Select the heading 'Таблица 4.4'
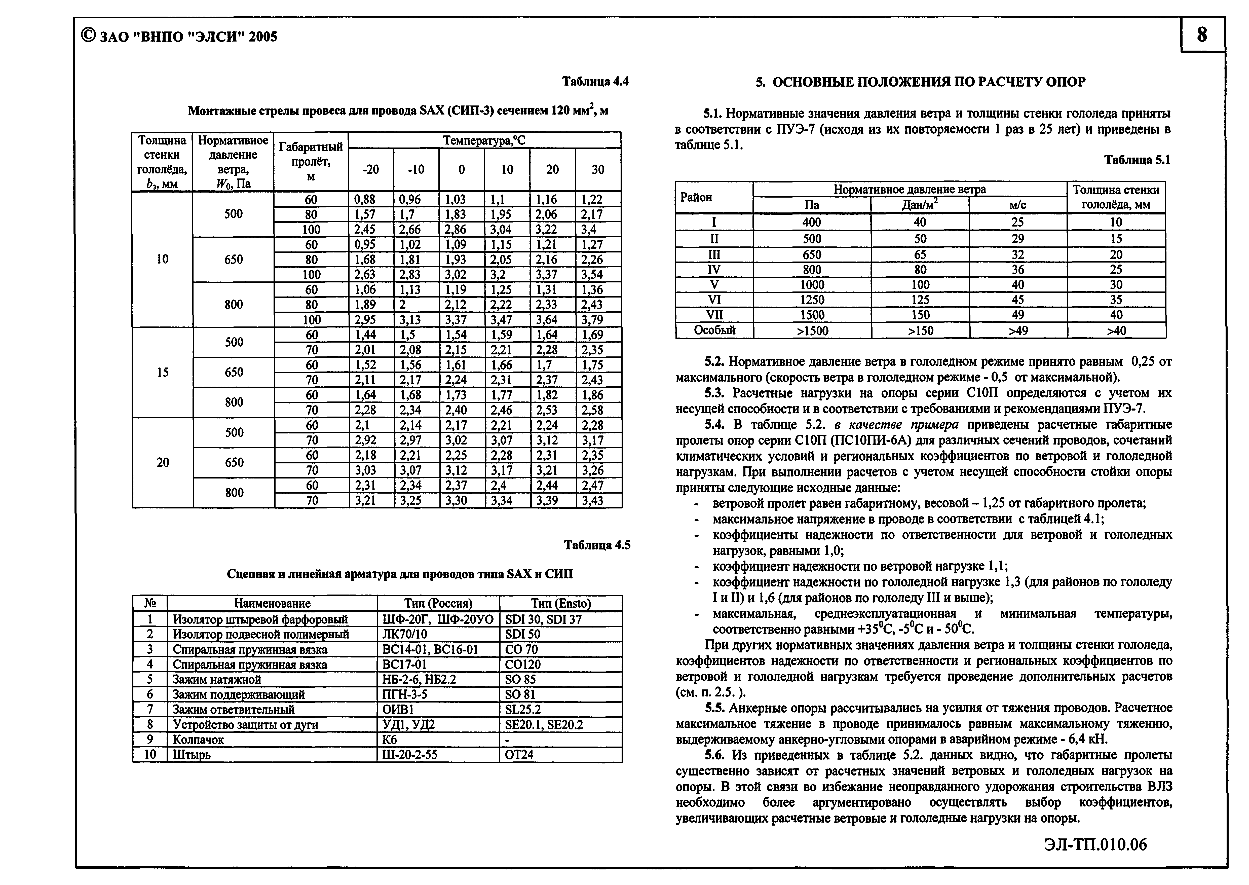595,82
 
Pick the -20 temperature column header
370,169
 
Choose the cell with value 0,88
365,199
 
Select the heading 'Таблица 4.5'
597,545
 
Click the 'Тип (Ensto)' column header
560,603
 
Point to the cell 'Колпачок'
198,740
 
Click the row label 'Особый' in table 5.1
714,330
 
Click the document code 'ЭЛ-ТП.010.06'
1095,845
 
